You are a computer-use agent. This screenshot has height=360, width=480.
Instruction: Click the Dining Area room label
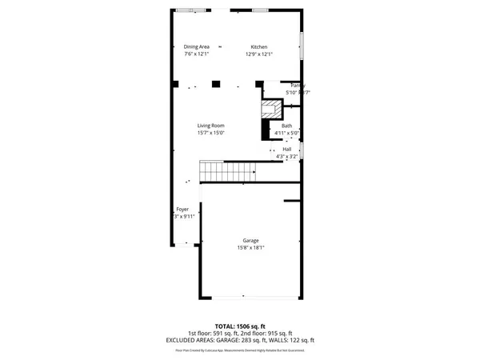coord(196,47)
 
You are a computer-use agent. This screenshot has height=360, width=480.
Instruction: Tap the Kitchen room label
coord(258,47)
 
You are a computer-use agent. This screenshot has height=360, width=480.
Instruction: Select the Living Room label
coord(211,126)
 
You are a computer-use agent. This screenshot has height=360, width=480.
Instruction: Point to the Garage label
coord(251,241)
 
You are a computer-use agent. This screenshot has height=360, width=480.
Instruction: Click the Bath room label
coord(286,126)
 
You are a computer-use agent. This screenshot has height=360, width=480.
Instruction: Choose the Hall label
coord(286,149)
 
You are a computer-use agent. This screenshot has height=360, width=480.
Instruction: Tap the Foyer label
coord(182,209)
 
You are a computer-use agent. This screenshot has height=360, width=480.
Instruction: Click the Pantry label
coord(298,86)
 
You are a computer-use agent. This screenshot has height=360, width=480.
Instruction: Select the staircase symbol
coord(226,170)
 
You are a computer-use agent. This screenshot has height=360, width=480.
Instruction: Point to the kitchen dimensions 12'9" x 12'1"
coord(258,54)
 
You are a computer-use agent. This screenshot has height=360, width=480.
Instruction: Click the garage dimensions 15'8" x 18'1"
coord(251,248)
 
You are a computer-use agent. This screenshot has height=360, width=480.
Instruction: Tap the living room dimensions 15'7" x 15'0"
coord(211,133)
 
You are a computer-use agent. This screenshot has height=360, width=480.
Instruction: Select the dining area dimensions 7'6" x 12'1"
coord(196,54)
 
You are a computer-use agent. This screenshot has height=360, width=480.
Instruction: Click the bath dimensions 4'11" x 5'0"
coord(286,133)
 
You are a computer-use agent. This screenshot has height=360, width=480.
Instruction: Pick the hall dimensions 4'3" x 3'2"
coord(286,156)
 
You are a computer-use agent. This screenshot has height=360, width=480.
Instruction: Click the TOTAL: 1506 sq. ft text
coord(240,326)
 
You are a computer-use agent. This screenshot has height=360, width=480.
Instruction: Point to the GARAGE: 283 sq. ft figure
coord(257,340)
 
